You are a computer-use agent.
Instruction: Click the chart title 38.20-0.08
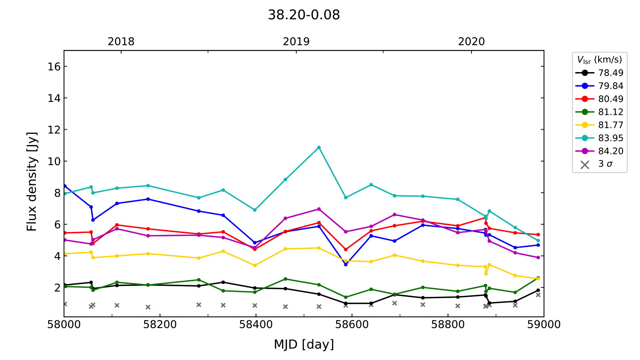[x=304, y=15]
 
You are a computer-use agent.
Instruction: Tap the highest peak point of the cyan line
[x=319, y=148]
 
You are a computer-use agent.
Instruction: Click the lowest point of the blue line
[x=346, y=264]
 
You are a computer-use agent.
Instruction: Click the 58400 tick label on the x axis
[x=256, y=325]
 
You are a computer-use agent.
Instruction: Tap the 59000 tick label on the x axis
[x=544, y=325]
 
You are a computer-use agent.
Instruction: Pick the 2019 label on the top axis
[x=296, y=41]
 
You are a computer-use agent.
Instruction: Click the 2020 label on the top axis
[x=471, y=41]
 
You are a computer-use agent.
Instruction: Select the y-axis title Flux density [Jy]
[x=32, y=182]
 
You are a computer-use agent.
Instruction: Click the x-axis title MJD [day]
[x=304, y=344]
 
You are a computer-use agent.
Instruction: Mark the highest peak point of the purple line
[x=319, y=209]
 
